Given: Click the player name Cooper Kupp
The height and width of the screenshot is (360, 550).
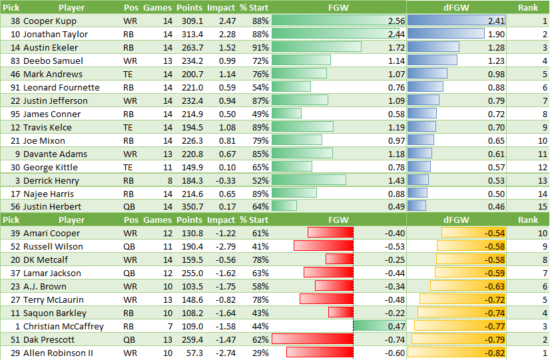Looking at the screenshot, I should pyautogui.click(x=50, y=21).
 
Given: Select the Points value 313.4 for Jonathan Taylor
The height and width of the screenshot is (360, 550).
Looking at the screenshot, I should pyautogui.click(x=190, y=34).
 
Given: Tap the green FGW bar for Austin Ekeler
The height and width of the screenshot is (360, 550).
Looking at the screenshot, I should pyautogui.click(x=316, y=47).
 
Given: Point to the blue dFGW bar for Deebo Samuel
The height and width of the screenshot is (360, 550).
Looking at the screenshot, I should pyautogui.click(x=432, y=61).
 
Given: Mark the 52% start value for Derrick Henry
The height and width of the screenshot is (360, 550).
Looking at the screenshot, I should pyautogui.click(x=260, y=180).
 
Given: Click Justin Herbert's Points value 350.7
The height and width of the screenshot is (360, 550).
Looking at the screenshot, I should pyautogui.click(x=190, y=207).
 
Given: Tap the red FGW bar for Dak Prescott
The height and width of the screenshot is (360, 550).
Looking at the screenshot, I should pyautogui.click(x=312, y=339).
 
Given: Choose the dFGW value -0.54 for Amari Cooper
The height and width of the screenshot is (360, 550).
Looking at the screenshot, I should pyautogui.click(x=495, y=233).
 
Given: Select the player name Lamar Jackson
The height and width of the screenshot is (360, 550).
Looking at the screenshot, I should pyautogui.click(x=52, y=273).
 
